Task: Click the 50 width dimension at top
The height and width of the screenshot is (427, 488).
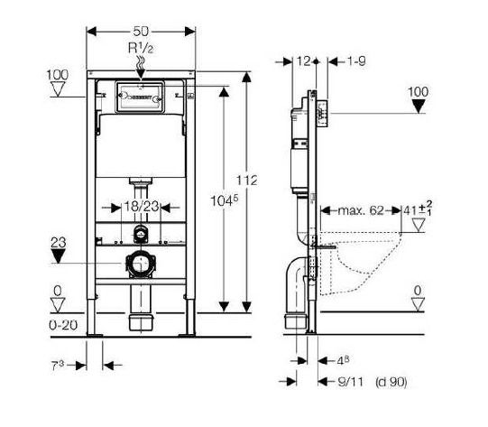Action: [141, 30]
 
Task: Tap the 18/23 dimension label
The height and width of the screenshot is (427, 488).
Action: [140, 207]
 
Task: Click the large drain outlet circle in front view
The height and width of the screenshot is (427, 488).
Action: [140, 266]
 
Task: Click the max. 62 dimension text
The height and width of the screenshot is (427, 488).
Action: [356, 212]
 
